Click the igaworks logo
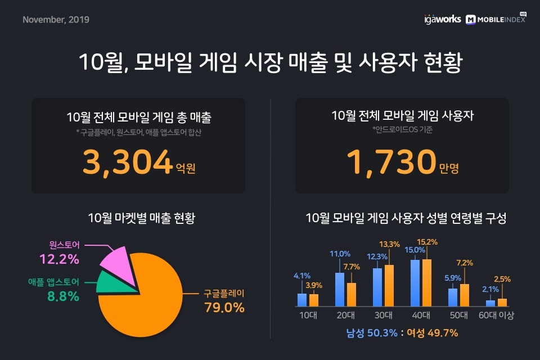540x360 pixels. coord(442,19)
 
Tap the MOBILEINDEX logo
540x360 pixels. coord(495,19)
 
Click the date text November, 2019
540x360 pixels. coord(56,20)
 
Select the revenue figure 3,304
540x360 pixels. coord(127,161)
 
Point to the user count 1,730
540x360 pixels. coord(390,161)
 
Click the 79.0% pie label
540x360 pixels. coord(224,308)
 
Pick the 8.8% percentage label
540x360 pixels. coord(62,296)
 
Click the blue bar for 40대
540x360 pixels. coord(416,283)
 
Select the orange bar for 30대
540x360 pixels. coord(389,286)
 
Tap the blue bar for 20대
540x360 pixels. coord(340,290)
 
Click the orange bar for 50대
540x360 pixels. coord(464,295)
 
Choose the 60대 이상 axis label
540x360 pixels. coord(496,315)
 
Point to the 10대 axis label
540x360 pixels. coord(308,315)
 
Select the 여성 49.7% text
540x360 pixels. coord(436,333)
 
